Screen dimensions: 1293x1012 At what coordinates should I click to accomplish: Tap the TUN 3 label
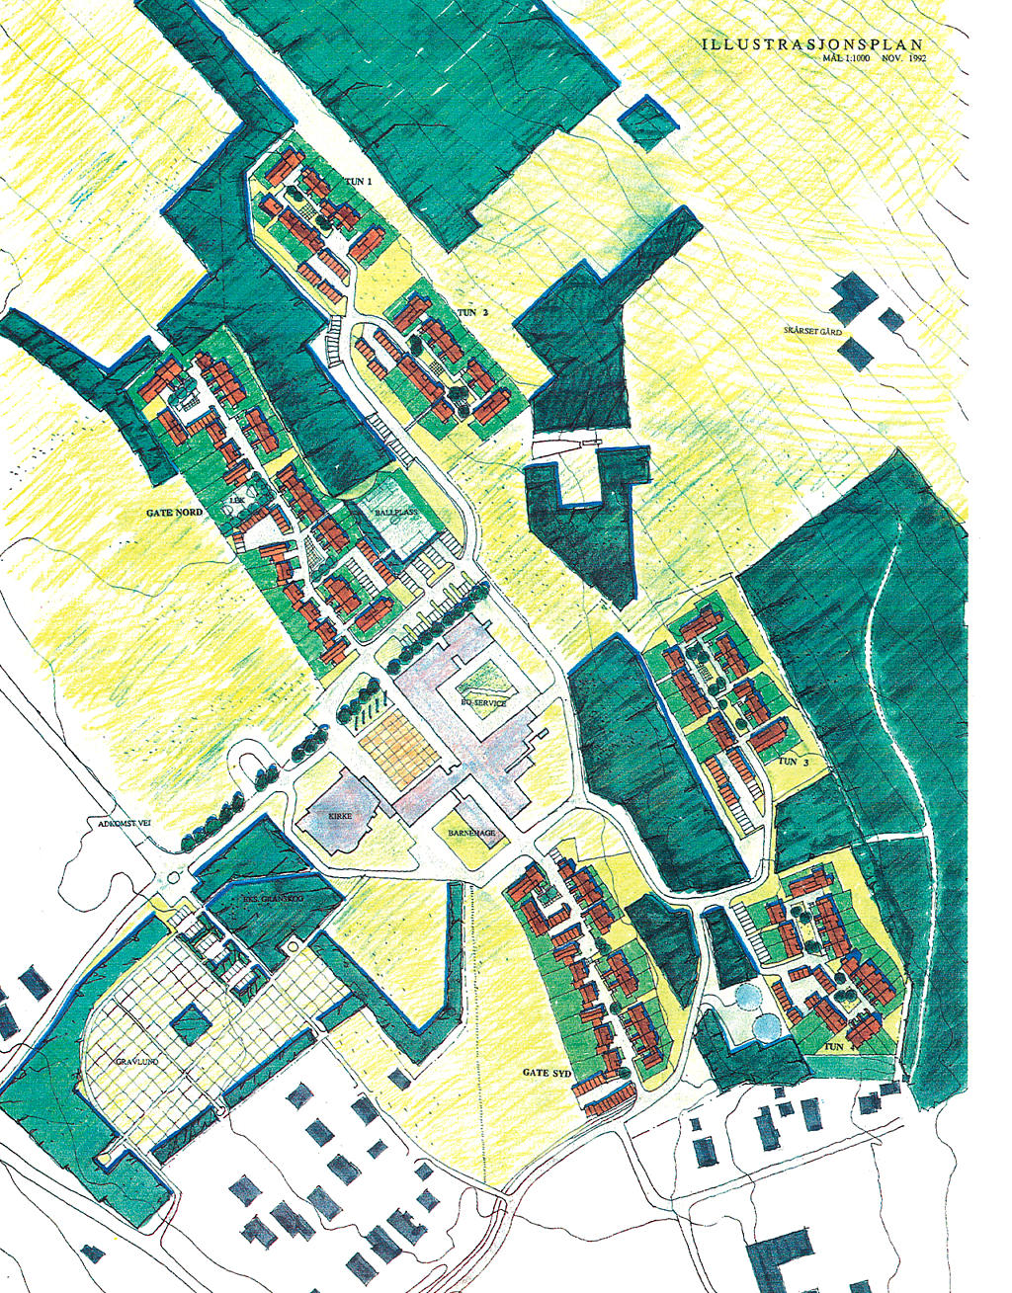point(788,763)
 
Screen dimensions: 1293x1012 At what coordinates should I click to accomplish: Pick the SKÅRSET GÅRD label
point(811,332)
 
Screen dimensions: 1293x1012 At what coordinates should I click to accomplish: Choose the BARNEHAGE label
point(470,833)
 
